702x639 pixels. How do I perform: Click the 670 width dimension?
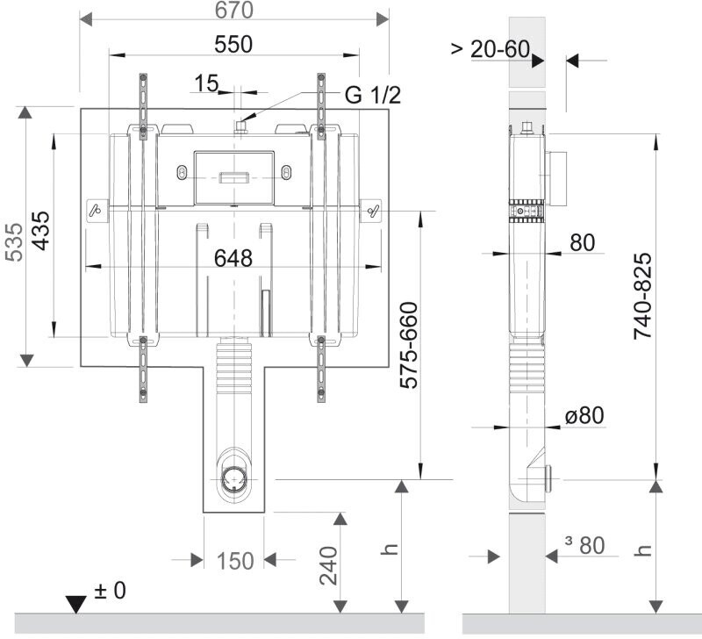233,11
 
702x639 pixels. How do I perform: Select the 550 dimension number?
233,43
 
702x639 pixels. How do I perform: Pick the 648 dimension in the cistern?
233,258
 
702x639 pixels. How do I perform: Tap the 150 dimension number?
235,561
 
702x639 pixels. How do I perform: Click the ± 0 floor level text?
110,591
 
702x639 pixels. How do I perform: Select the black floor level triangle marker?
77,605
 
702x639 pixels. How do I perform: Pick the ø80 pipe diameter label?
584,415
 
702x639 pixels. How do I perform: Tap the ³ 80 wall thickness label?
584,545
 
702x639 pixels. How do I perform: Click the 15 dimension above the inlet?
206,83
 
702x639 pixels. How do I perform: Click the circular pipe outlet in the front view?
234,479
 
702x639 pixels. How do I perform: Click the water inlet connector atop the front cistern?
239,128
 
